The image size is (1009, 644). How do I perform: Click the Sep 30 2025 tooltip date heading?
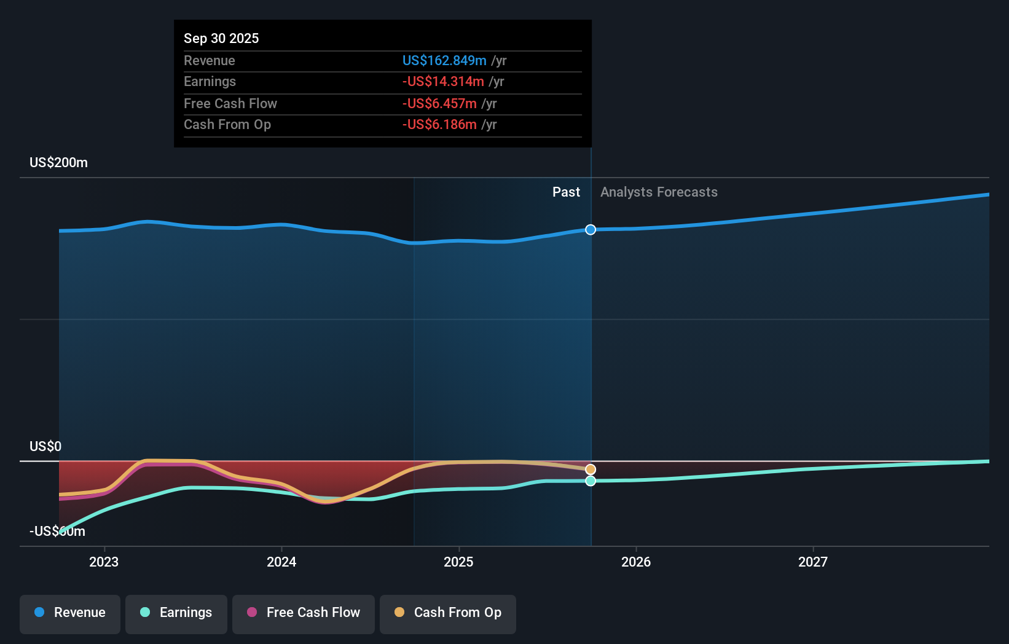[x=221, y=38]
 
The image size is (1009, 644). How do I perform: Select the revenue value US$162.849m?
[x=444, y=60]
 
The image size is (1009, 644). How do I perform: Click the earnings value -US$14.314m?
[x=443, y=81]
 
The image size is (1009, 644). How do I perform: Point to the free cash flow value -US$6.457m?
[x=439, y=103]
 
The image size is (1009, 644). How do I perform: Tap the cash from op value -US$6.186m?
[x=439, y=124]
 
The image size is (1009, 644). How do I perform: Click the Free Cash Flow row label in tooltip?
[x=230, y=103]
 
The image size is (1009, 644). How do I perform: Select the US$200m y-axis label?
[x=59, y=163]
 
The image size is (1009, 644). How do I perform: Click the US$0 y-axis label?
[x=45, y=446]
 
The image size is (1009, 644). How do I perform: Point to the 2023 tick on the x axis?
[x=104, y=562]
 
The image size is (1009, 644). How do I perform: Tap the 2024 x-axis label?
[x=281, y=562]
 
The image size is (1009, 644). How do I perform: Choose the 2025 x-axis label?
[x=458, y=562]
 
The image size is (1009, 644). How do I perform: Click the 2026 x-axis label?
[x=636, y=562]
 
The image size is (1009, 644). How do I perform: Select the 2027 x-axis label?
[x=813, y=562]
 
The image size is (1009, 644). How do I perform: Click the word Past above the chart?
[x=566, y=192]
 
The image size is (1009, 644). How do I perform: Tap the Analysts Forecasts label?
[x=659, y=192]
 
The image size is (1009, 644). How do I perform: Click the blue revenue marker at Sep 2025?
[x=591, y=230]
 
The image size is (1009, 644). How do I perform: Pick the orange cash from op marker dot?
[x=591, y=469]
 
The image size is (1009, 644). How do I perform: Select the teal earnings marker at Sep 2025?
[x=591, y=481]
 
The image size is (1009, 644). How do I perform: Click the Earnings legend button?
[x=176, y=613]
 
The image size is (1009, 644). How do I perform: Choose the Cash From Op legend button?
[x=448, y=613]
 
